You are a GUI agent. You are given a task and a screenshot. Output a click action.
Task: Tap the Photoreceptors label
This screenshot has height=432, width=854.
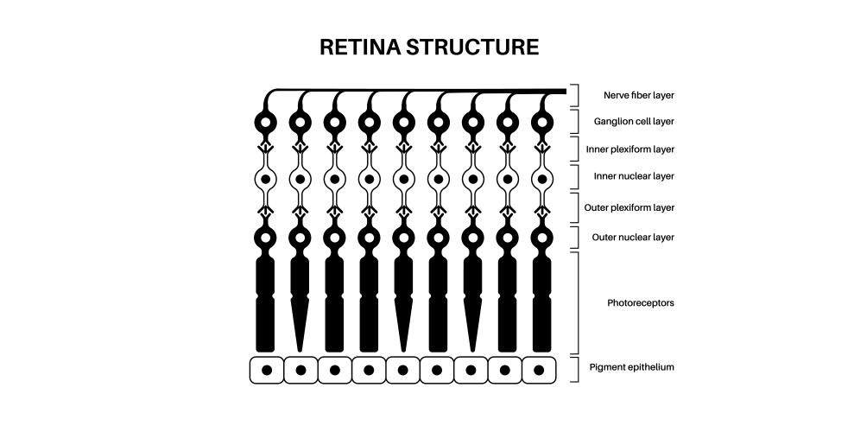click(x=640, y=303)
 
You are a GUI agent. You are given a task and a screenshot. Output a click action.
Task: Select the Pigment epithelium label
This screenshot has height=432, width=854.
click(x=640, y=367)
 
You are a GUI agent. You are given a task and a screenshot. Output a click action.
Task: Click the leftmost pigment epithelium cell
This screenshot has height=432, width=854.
click(x=267, y=370)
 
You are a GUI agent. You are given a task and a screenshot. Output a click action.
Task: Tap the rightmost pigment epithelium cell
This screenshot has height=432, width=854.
click(x=540, y=370)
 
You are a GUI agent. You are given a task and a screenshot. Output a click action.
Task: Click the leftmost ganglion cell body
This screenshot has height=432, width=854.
click(x=266, y=122)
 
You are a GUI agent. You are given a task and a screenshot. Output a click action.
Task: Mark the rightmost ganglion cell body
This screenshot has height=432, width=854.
click(x=541, y=122)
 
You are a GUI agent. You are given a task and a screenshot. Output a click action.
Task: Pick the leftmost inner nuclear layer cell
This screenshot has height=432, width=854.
click(x=266, y=180)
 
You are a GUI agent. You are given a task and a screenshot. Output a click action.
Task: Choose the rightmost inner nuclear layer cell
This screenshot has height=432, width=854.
click(x=541, y=180)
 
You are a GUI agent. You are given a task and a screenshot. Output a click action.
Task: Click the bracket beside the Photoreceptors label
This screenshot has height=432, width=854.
click(x=576, y=302)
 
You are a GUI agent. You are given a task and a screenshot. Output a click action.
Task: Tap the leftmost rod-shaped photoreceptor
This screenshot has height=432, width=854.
click(x=266, y=302)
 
